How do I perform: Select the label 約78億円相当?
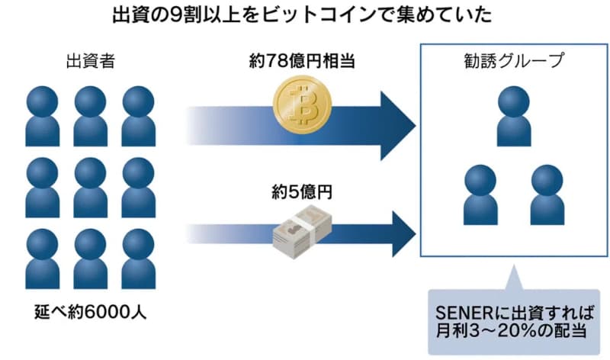(303, 61)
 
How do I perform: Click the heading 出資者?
(91, 61)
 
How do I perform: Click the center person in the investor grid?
(91, 188)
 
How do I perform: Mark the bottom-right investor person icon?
(139, 259)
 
